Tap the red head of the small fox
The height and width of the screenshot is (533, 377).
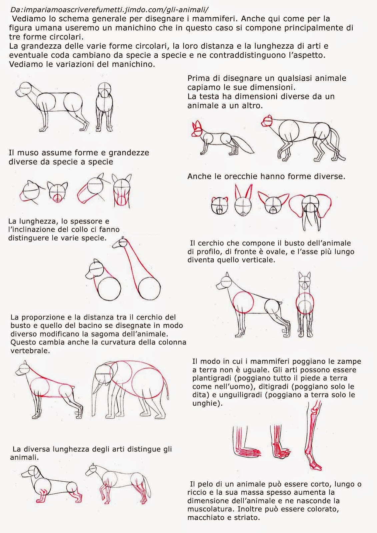pos(197,129)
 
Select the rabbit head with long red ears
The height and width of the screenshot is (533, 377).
pos(243,200)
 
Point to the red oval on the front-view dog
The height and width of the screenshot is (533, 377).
pos(305,303)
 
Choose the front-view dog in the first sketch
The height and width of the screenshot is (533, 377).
pos(104,107)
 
